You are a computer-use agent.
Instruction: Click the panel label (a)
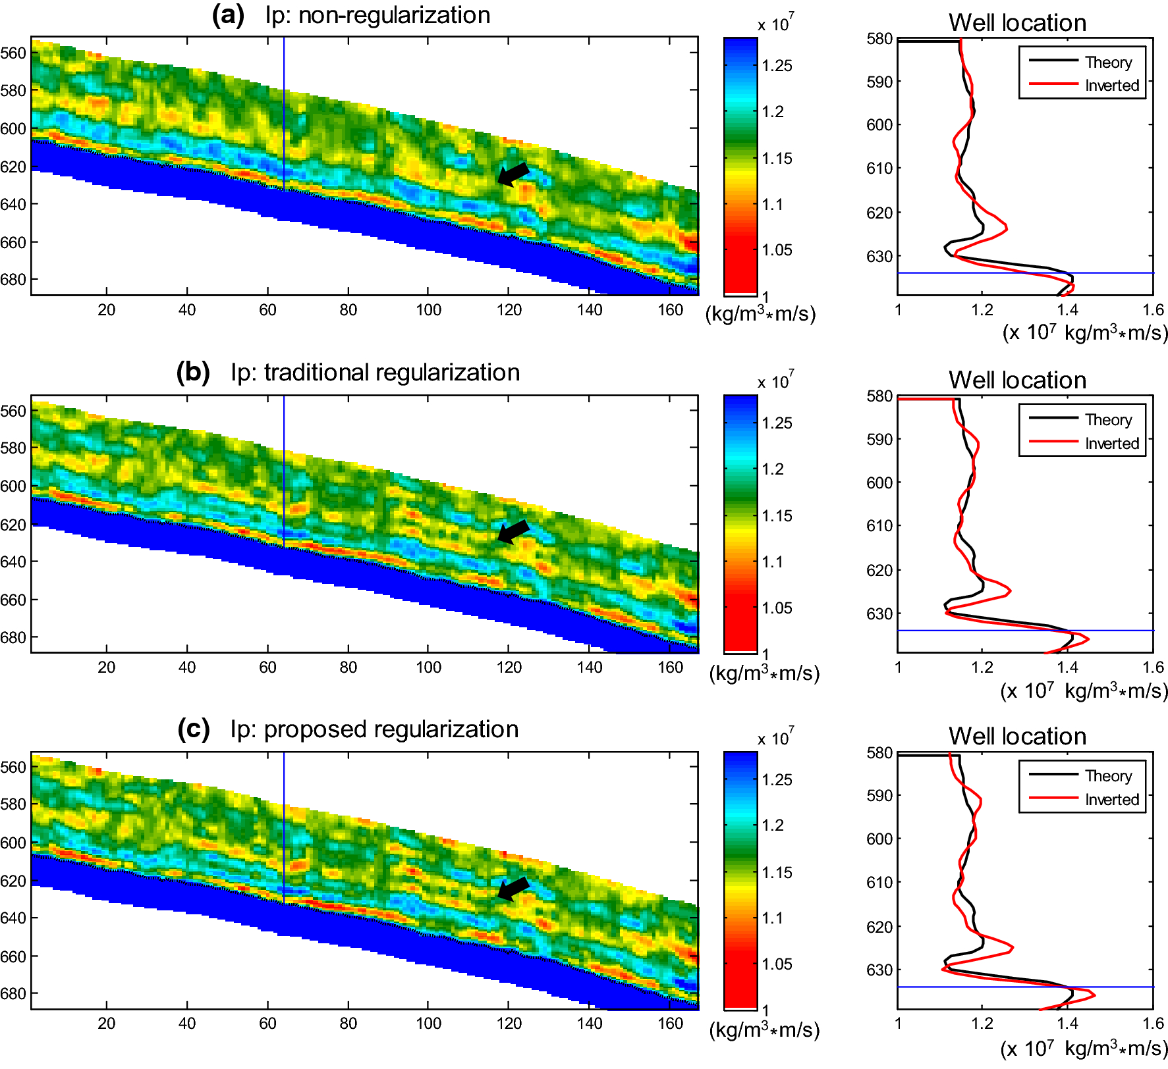pyautogui.click(x=227, y=14)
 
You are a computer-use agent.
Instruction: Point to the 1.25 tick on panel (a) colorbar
pyautogui.click(x=777, y=66)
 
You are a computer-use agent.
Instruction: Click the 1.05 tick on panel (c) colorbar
pyautogui.click(x=777, y=964)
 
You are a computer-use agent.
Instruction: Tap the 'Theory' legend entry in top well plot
pyautogui.click(x=1108, y=63)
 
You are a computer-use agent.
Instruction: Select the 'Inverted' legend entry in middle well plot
pyautogui.click(x=1112, y=444)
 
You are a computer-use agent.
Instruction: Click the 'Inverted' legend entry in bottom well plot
pyautogui.click(x=1112, y=800)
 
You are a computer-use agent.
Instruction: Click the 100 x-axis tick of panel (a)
pyautogui.click(x=428, y=310)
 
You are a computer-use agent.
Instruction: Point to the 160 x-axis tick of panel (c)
pyautogui.click(x=670, y=1024)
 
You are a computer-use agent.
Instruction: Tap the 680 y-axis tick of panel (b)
pyautogui.click(x=13, y=637)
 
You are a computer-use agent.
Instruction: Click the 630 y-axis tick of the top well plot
pyautogui.click(x=879, y=257)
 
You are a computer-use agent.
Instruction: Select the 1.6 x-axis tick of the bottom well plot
pyautogui.click(x=1153, y=1024)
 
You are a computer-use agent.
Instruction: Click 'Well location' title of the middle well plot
pyautogui.click(x=1017, y=380)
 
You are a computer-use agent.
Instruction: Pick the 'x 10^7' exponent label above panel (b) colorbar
pyautogui.click(x=776, y=381)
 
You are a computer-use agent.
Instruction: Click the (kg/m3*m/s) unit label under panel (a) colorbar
pyautogui.click(x=760, y=315)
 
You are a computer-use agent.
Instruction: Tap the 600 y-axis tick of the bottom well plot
pyautogui.click(x=879, y=839)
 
